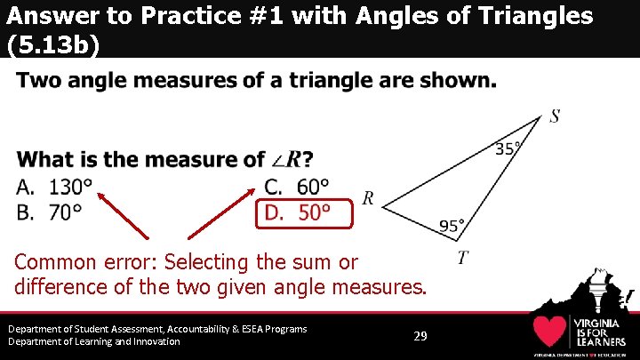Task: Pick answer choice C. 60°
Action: coord(297,188)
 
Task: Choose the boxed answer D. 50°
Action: coord(297,212)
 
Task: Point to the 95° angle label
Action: coord(452,227)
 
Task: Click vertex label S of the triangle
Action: coord(555,116)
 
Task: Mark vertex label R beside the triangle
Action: coord(368,198)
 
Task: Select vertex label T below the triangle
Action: coord(462,259)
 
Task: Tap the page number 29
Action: coord(421,336)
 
